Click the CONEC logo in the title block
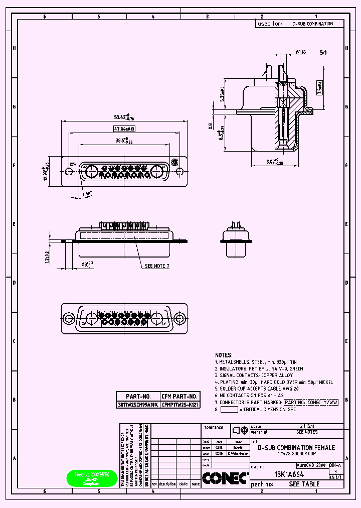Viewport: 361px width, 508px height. [225, 477]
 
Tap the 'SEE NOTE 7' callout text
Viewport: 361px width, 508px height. [157, 266]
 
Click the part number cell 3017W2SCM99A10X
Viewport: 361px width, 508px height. [137, 404]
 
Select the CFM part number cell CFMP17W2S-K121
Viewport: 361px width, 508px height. [180, 404]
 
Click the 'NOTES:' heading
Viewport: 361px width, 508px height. [224, 354]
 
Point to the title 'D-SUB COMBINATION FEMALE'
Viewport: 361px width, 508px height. [296, 447]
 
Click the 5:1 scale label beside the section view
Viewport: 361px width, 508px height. [323, 52]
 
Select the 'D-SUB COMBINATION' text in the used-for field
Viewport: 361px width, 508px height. [312, 24]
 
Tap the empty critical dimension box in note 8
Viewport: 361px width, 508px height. [229, 409]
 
